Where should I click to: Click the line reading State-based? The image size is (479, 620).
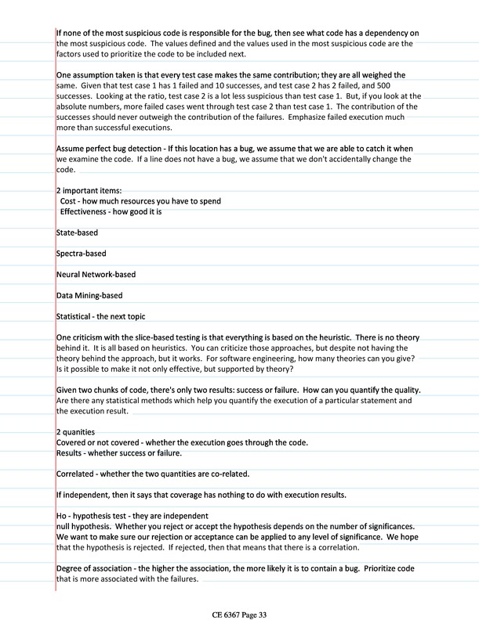pos(77,233)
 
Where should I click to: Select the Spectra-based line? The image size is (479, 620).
pos(82,254)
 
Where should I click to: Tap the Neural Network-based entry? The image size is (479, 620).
pos(96,275)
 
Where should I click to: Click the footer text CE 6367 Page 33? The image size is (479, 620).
pos(239,593)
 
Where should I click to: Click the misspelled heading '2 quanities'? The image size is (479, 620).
pos(76,432)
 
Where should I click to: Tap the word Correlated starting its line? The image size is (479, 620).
pos(78,474)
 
